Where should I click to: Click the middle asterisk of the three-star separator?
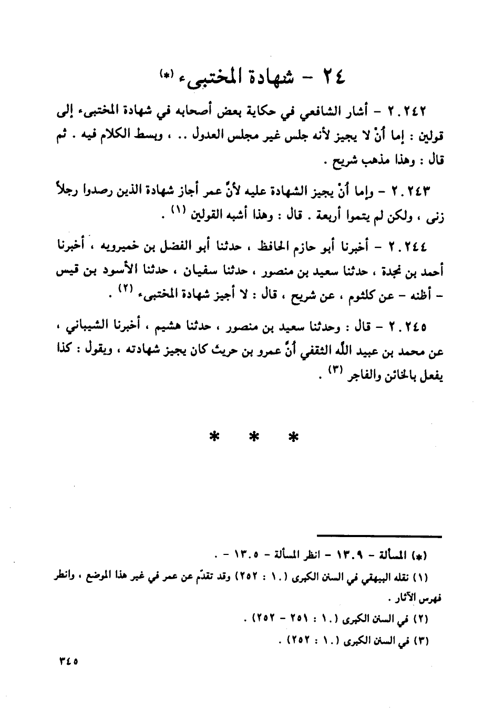[254, 437]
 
